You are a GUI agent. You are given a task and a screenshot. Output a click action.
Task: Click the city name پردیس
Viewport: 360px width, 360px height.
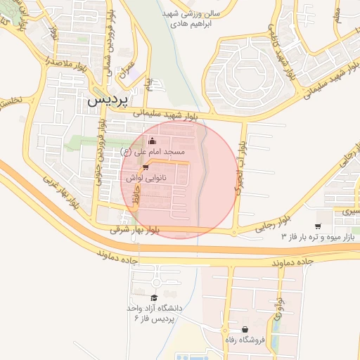[x=110, y=101]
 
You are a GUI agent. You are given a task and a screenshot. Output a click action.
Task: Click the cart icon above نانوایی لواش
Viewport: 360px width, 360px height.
[x=145, y=167]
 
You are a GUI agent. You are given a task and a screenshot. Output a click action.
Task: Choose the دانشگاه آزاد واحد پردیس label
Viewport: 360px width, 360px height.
[x=153, y=313]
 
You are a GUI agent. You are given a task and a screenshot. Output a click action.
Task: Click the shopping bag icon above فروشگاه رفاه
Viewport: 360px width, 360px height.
[x=245, y=329]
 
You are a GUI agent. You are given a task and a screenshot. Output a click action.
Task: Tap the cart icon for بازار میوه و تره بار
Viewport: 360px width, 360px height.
[x=319, y=226]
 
